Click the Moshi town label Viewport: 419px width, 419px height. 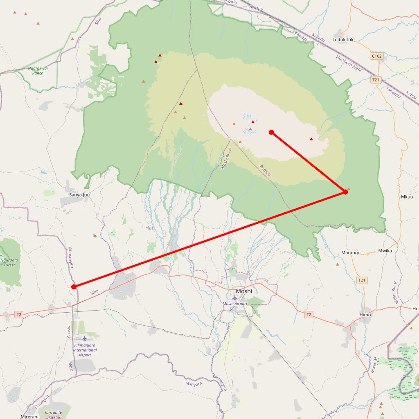click(x=244, y=291)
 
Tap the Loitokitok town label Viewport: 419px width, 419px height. click(x=343, y=40)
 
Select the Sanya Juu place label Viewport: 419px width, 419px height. click(x=79, y=195)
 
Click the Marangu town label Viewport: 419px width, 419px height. click(x=351, y=252)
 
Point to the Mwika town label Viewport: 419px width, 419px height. click(x=385, y=250)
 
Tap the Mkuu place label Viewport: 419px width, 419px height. click(x=407, y=197)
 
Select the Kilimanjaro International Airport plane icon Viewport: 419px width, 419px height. click(x=85, y=338)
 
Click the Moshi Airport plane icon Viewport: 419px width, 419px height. click(x=235, y=298)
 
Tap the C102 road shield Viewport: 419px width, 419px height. click(x=377, y=56)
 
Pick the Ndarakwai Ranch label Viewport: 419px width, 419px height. click(x=38, y=70)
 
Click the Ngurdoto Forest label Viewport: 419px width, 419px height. click(x=8, y=262)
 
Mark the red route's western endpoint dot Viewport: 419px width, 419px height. click(x=74, y=287)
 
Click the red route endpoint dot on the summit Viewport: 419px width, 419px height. click(x=271, y=132)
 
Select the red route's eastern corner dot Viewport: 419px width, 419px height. click(x=345, y=192)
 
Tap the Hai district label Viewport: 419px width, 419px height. click(x=149, y=228)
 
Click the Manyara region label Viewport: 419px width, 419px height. click(x=194, y=384)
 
